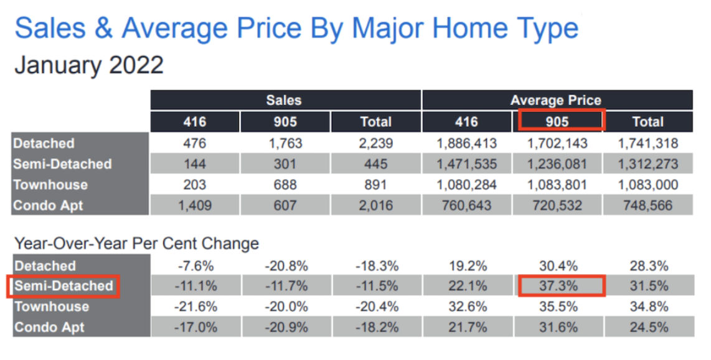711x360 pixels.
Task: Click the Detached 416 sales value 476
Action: click(x=195, y=143)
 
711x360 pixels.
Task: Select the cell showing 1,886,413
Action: click(x=467, y=143)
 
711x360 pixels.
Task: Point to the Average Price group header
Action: click(x=557, y=100)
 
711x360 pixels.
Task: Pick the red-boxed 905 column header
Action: click(x=561, y=121)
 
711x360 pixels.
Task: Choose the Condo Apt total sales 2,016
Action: click(x=376, y=206)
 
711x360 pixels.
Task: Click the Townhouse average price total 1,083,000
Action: click(x=648, y=185)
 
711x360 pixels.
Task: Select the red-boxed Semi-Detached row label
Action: click(x=63, y=287)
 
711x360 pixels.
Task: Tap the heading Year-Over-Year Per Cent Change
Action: click(x=136, y=243)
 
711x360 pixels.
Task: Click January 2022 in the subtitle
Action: click(x=88, y=65)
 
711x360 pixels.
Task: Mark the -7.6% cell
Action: click(x=195, y=266)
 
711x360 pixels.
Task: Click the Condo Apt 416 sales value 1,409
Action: click(x=195, y=206)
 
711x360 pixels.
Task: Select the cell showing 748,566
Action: click(x=648, y=206)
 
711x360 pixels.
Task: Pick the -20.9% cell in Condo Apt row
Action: click(x=285, y=327)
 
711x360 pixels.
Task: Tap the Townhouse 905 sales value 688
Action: click(x=285, y=185)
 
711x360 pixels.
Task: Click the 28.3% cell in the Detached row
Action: click(x=648, y=266)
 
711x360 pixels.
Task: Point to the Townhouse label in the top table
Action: click(x=50, y=185)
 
